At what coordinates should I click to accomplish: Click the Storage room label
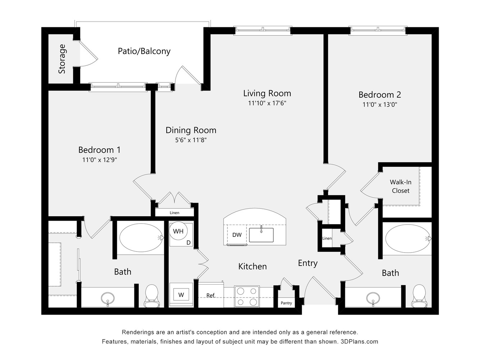[x=62, y=59]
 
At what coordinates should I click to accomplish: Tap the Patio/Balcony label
[x=144, y=51]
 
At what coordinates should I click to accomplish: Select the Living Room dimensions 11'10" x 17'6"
[x=267, y=103]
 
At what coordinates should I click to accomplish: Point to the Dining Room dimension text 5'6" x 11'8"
[x=191, y=140]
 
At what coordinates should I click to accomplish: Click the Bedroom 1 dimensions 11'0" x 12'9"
[x=100, y=160]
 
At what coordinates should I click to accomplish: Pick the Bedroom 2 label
[x=380, y=94]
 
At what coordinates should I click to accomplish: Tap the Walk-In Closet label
[x=400, y=186]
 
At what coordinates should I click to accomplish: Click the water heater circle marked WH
[x=178, y=231]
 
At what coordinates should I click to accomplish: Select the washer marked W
[x=181, y=294]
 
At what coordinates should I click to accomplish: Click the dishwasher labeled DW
[x=237, y=235]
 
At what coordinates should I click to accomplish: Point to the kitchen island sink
[x=261, y=235]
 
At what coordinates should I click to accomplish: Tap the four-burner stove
[x=247, y=296]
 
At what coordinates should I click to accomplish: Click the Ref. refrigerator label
[x=211, y=296]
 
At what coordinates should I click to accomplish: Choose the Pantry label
[x=286, y=303]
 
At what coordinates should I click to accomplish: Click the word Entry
[x=308, y=263]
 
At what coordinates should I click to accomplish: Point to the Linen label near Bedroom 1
[x=175, y=213]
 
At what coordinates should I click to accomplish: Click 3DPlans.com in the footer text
[x=359, y=341]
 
